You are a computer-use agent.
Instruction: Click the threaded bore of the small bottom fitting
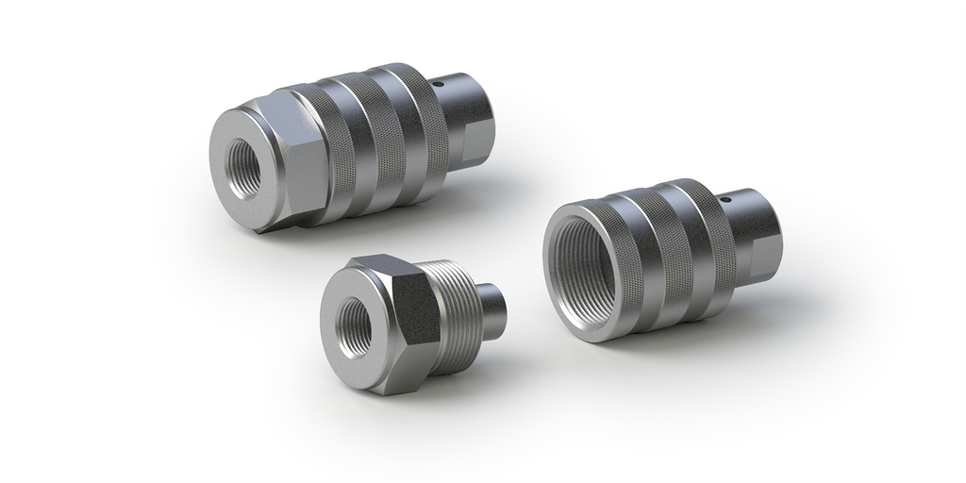[355, 327]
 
